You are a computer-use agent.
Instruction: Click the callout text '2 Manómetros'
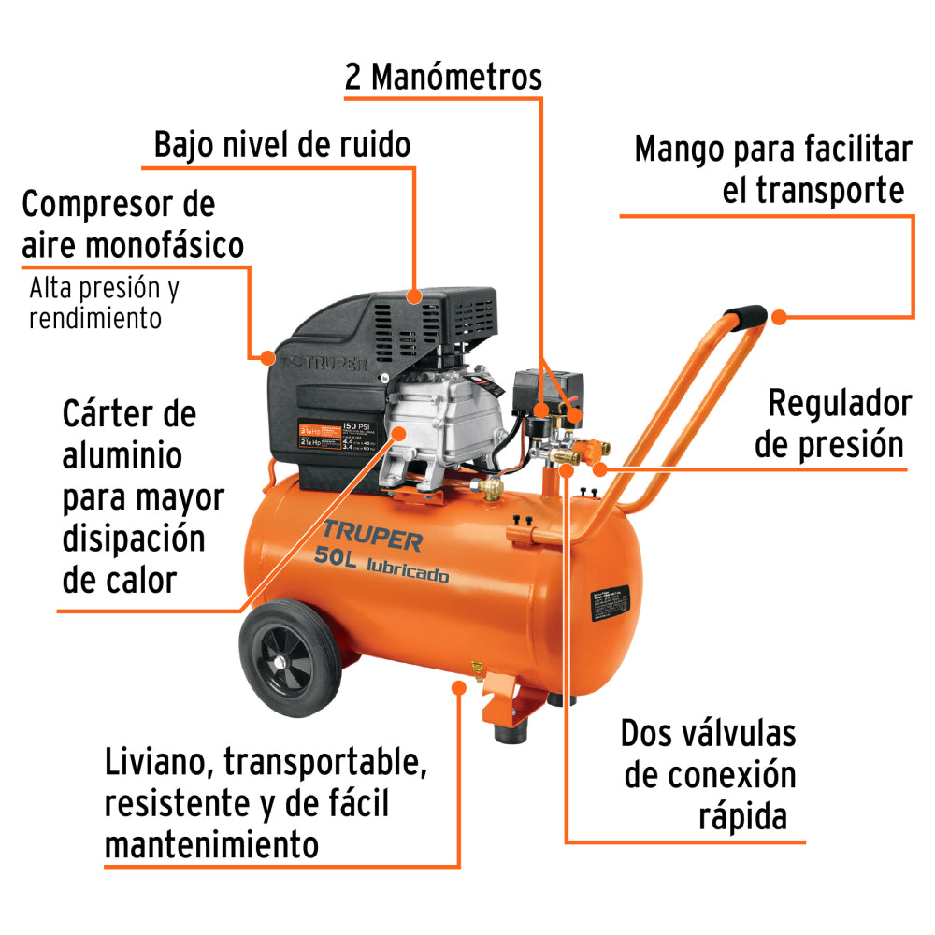[x=443, y=77]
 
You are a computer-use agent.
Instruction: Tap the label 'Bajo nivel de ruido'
[x=282, y=145]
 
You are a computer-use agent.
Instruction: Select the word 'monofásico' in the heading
[x=165, y=245]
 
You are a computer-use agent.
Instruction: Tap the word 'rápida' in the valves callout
[x=742, y=816]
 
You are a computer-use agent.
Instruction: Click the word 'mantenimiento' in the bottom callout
[x=211, y=845]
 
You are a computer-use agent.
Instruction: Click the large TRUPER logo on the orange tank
[x=372, y=539]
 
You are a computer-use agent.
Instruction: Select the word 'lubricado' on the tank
[x=408, y=571]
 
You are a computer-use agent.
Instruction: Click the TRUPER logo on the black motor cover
[x=327, y=361]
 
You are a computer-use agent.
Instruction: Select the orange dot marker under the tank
[x=458, y=687]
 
